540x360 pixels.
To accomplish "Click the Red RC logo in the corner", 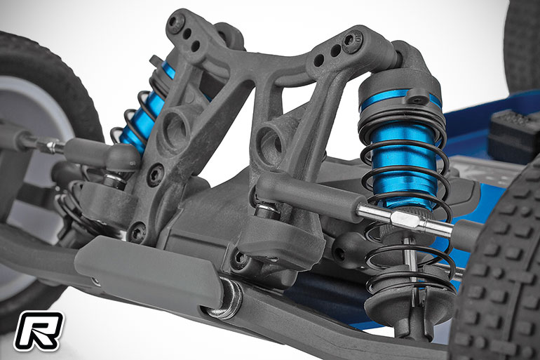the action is (39, 331).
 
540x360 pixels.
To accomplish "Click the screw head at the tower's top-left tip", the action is (175, 20).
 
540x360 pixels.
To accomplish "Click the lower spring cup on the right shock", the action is (410, 302).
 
